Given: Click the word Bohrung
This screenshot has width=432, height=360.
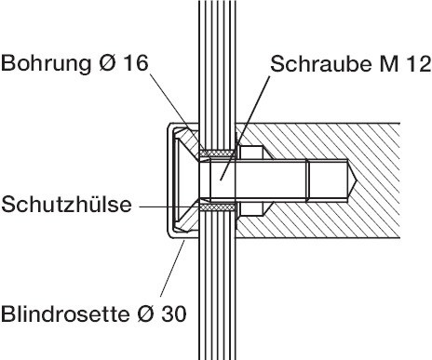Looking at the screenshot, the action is (47, 65).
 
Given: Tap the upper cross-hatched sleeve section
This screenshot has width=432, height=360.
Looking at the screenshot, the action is (220, 153).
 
